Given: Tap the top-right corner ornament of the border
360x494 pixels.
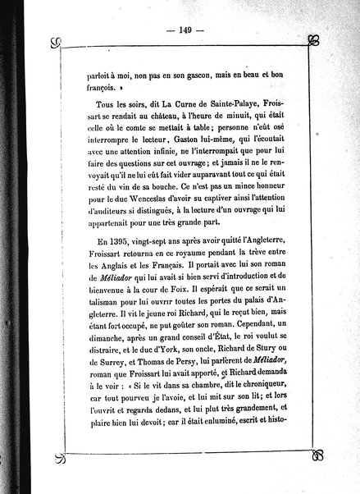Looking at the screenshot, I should pos(312,40).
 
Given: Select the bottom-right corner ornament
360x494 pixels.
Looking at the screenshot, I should pos(312,453).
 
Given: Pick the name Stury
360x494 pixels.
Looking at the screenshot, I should pos(265,391).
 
